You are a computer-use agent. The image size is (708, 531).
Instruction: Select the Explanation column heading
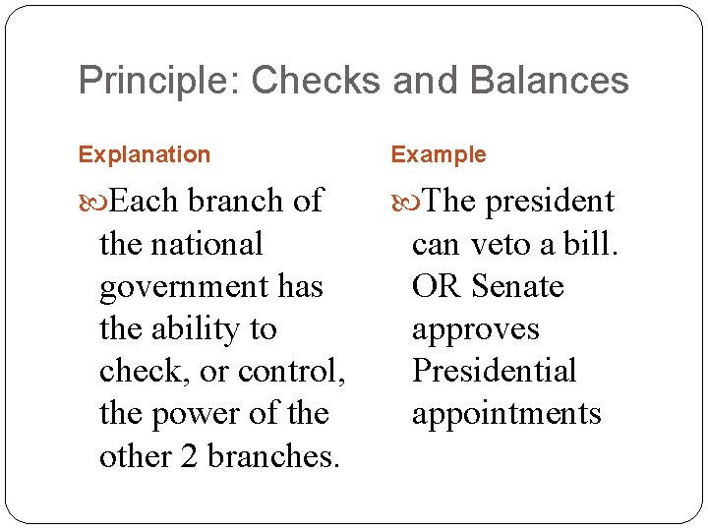point(145,154)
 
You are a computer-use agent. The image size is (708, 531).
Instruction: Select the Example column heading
point(439,154)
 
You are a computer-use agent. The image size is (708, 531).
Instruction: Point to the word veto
point(510,244)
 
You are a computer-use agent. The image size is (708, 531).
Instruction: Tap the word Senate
point(517,286)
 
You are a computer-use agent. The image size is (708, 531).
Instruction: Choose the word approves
point(476,329)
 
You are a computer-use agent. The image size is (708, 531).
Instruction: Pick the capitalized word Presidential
point(495,372)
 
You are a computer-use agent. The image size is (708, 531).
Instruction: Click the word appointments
point(506,414)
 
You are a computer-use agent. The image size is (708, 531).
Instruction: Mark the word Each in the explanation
point(145,202)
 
